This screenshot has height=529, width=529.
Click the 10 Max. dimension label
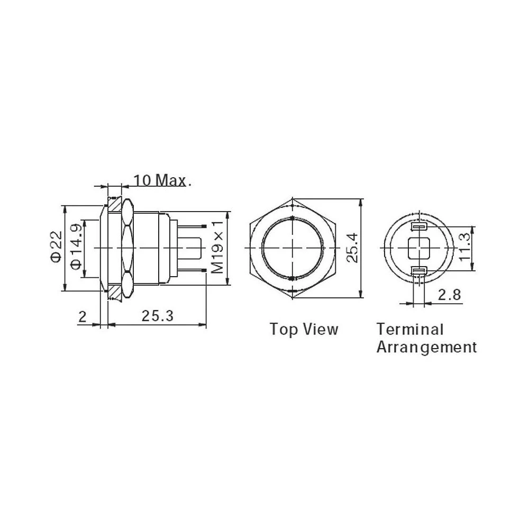tap(161, 180)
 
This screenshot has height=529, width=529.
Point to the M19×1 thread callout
tap(217, 248)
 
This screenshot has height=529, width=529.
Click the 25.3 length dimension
tap(157, 316)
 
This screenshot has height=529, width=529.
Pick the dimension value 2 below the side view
tap(82, 316)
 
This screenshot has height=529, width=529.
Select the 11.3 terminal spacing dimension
tap(465, 248)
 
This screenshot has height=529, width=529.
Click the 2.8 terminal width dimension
tap(450, 295)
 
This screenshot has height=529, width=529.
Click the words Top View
tap(304, 329)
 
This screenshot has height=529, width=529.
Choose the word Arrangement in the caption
tap(426, 347)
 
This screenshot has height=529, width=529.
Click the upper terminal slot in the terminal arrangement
tap(418, 227)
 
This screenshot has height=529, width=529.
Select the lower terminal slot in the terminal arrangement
tap(418, 271)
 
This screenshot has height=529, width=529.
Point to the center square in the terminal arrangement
tap(418, 248)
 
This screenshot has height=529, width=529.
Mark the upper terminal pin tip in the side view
tap(204, 226)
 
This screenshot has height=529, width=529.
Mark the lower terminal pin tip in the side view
tap(204, 272)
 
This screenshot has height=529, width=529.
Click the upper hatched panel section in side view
tap(114, 204)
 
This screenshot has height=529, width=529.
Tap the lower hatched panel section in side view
tap(114, 293)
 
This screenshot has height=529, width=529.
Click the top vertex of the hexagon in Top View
tap(293, 200)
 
